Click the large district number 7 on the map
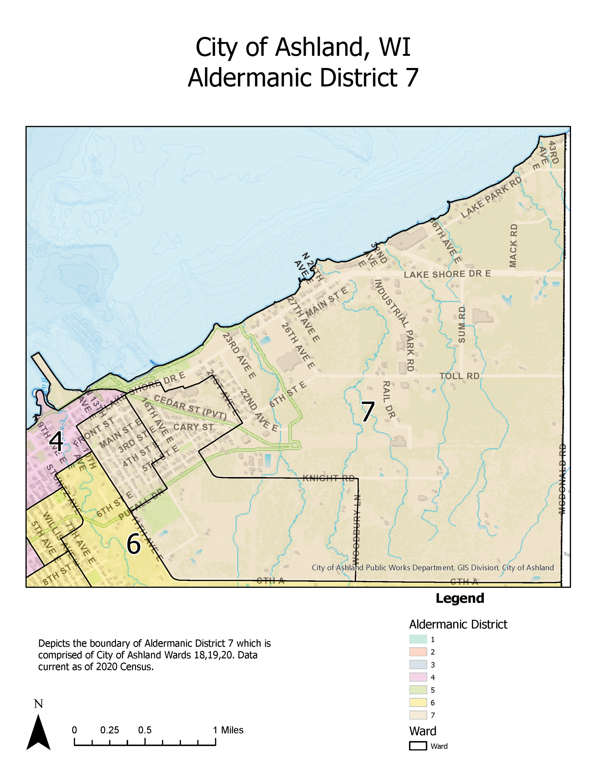pyautogui.click(x=368, y=412)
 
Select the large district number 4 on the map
pyautogui.click(x=56, y=442)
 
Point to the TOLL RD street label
pyautogui.click(x=459, y=376)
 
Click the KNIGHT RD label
pyautogui.click(x=328, y=478)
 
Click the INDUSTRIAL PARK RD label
pyautogui.click(x=394, y=325)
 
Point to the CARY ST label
pyautogui.click(x=193, y=427)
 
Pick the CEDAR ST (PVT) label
pyautogui.click(x=190, y=407)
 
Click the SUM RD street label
pyautogui.click(x=462, y=324)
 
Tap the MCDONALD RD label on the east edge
pyautogui.click(x=562, y=479)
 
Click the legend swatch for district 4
pyautogui.click(x=418, y=677)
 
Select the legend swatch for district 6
pyautogui.click(x=418, y=702)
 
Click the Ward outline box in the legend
pyautogui.click(x=418, y=746)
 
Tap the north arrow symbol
pyautogui.click(x=39, y=732)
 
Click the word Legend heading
pyautogui.click(x=460, y=598)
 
